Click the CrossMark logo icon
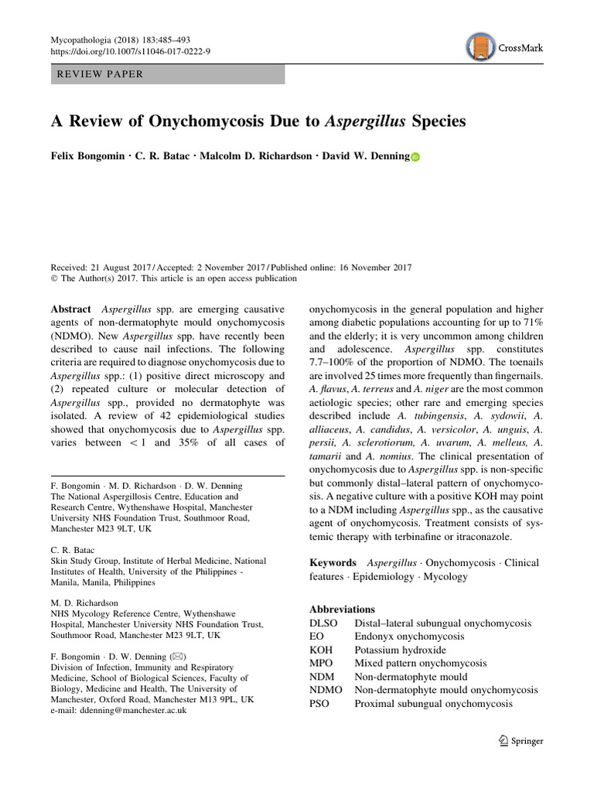[x=481, y=47]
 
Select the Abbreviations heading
[x=342, y=609]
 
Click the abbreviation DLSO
[x=323, y=623]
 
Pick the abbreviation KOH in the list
[x=321, y=650]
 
